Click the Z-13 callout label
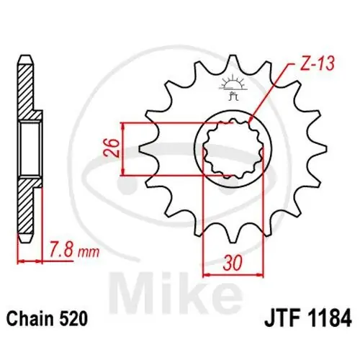(317, 63)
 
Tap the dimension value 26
(112, 148)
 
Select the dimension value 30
(233, 263)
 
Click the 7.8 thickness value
(61, 251)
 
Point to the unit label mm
(89, 253)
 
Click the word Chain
(30, 319)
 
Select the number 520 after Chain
(72, 319)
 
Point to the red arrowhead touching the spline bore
(251, 120)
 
